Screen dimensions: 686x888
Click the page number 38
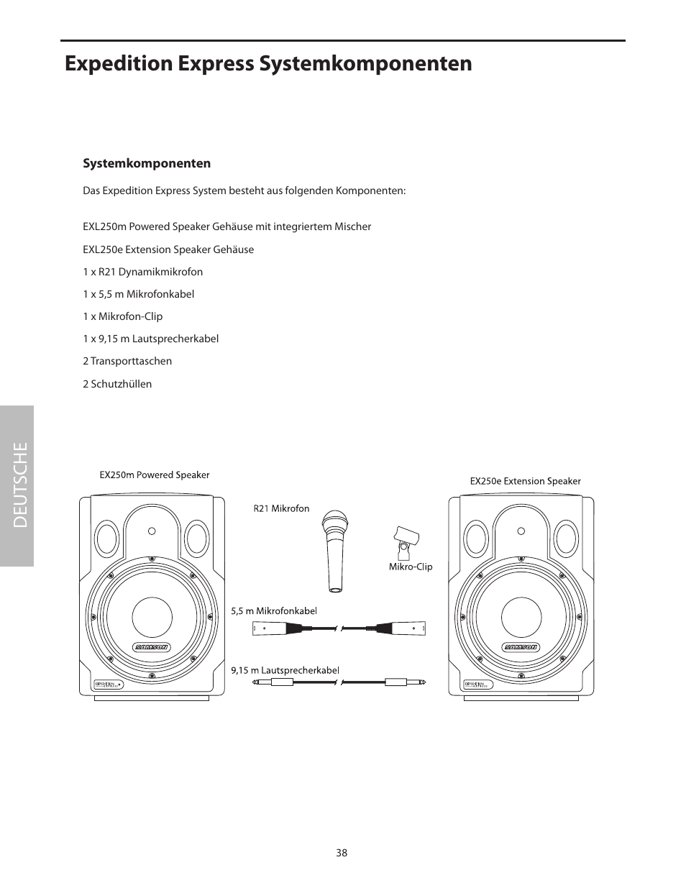(x=341, y=853)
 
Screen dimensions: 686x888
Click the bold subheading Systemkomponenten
(x=147, y=163)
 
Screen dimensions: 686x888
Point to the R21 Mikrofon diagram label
(x=281, y=509)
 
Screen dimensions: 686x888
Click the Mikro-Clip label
(x=411, y=567)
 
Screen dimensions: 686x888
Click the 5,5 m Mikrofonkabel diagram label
(x=274, y=611)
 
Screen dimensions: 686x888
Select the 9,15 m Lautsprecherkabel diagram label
(x=285, y=670)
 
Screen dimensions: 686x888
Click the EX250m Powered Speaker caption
(x=154, y=475)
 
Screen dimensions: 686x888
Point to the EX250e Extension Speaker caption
(x=525, y=481)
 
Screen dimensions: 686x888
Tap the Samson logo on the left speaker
(x=152, y=646)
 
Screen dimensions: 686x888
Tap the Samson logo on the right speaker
(x=521, y=646)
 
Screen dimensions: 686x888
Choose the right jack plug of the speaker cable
(x=404, y=682)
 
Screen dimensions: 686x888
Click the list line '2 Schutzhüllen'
(x=117, y=384)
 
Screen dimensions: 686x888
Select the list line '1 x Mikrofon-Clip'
(x=122, y=316)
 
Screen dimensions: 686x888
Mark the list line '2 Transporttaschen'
(x=127, y=362)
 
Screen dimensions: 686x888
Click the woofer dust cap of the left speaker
(x=152, y=617)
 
